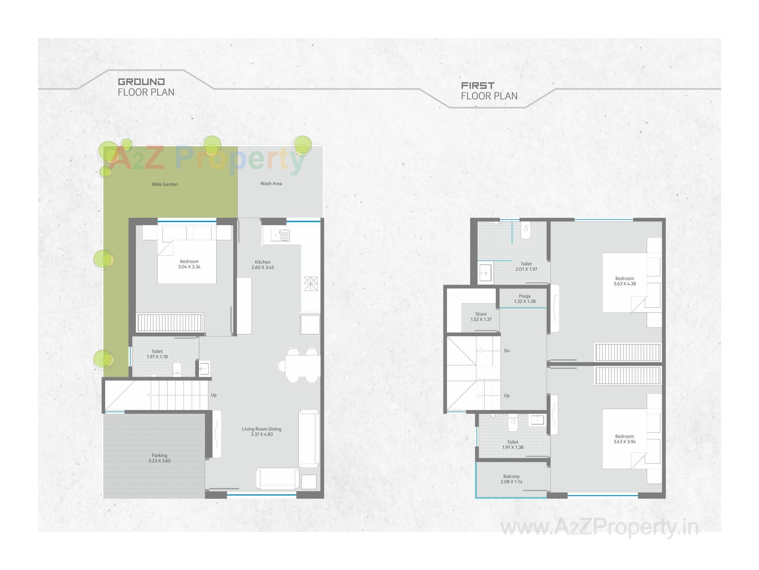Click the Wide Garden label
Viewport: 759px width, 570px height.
click(x=164, y=184)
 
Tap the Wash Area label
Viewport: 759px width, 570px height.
click(x=271, y=183)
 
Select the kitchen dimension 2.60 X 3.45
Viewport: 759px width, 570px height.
click(x=262, y=268)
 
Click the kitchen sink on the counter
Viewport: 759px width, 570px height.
click(x=280, y=236)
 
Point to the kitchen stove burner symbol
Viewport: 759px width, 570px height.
click(x=310, y=284)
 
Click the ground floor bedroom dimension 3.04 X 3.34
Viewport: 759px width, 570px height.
click(x=189, y=267)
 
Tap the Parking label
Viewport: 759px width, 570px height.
click(x=159, y=455)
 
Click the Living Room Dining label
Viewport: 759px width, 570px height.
click(x=261, y=429)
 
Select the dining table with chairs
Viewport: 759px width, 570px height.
click(x=302, y=365)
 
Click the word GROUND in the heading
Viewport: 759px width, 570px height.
click(x=141, y=82)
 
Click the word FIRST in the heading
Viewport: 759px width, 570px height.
click(x=478, y=85)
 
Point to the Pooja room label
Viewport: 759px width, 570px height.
click(x=525, y=296)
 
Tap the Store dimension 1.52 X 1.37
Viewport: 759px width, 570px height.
click(x=481, y=319)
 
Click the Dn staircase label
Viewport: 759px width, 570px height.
click(x=507, y=351)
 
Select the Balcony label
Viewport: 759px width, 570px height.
click(x=511, y=476)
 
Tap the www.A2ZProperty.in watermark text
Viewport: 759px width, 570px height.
click(x=599, y=528)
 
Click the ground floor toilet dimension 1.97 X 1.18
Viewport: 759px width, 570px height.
click(x=157, y=357)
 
